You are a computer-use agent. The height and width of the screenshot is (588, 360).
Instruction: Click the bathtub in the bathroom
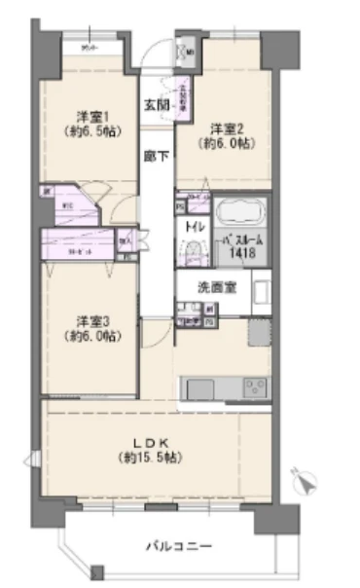(239, 213)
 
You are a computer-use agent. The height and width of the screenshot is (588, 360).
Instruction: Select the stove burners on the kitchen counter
(253, 386)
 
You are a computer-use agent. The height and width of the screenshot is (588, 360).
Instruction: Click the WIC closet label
(67, 205)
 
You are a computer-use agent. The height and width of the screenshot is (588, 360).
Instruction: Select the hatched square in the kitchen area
(258, 335)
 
